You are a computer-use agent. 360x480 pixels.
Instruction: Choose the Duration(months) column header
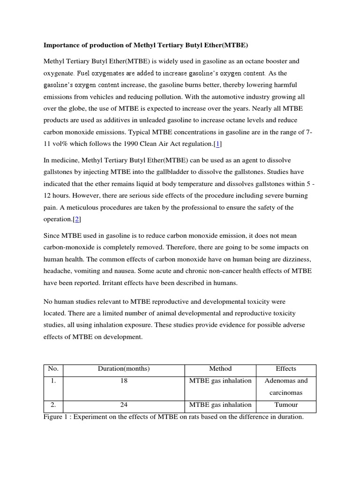coord(124,369)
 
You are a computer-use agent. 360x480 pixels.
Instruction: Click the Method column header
coord(220,369)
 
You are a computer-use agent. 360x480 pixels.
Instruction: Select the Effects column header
coord(286,369)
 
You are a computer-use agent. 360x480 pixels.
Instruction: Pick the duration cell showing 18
coord(124,381)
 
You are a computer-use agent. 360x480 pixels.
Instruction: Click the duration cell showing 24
coord(124,405)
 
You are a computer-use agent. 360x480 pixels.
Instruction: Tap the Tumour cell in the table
coord(286,405)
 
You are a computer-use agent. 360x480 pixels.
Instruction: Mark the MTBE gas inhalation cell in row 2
coord(220,405)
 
